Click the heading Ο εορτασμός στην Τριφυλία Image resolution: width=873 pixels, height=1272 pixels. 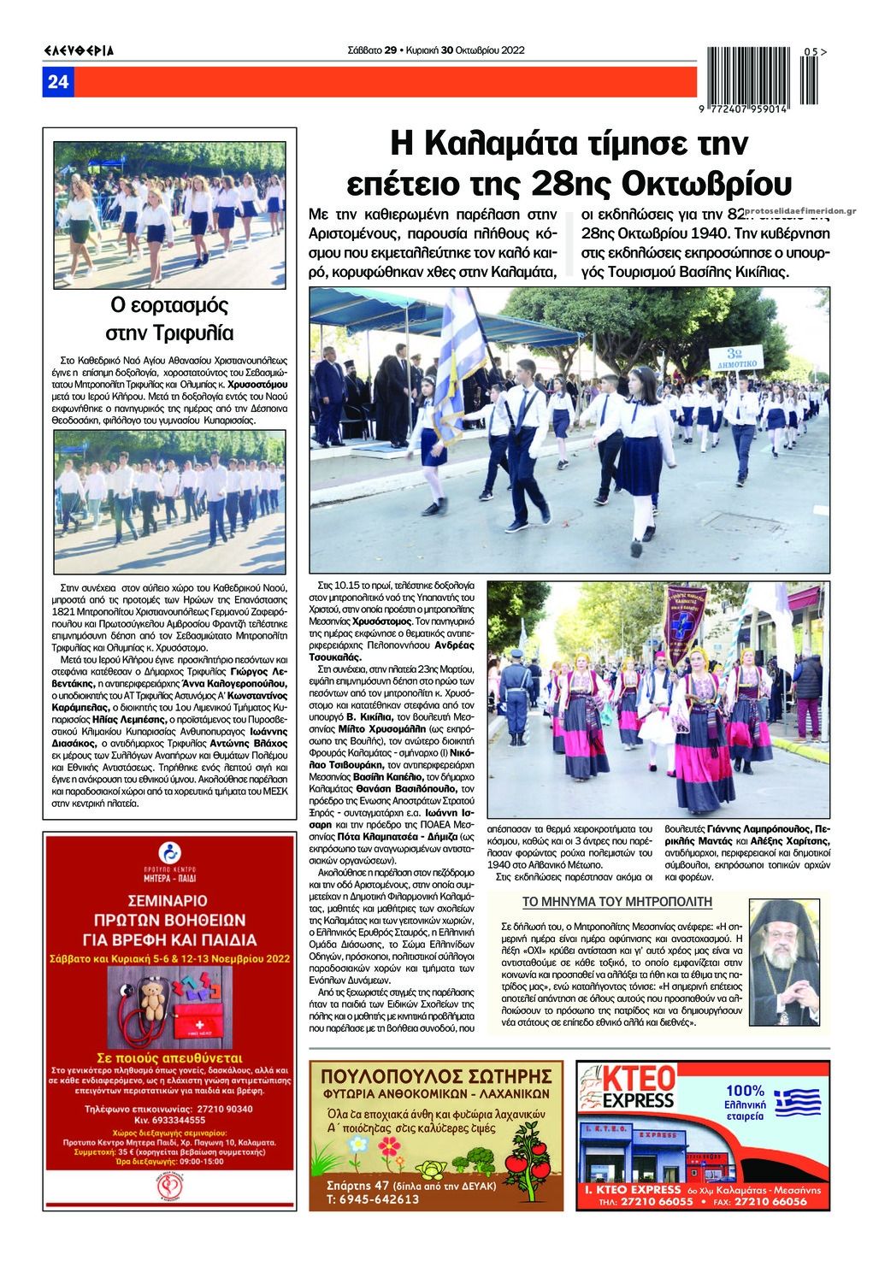(x=170, y=318)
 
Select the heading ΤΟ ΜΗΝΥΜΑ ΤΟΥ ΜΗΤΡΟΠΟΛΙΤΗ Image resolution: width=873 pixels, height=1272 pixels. (x=616, y=901)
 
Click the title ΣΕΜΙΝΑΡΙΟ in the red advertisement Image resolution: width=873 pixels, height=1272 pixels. (x=169, y=900)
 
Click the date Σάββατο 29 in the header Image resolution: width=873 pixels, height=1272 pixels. (x=373, y=50)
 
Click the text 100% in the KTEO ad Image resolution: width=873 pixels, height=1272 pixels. (x=746, y=1091)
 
